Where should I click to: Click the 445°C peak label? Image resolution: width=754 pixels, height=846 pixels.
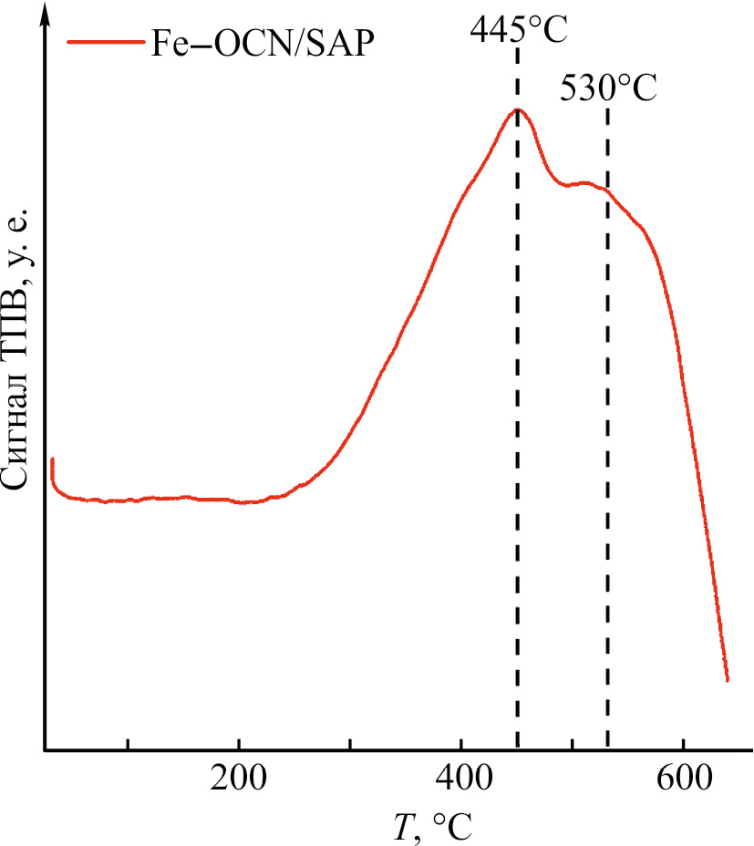[519, 30]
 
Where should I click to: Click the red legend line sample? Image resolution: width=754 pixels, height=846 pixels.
[104, 43]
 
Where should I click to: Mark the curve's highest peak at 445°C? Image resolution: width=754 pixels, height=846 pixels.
[518, 110]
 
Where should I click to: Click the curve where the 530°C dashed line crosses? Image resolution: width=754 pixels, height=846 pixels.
[607, 191]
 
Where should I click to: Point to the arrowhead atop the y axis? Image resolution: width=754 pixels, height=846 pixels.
[44, 11]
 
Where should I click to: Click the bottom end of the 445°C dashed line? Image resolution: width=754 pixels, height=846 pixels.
[518, 748]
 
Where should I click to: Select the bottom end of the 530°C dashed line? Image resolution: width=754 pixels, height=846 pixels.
[607, 748]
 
